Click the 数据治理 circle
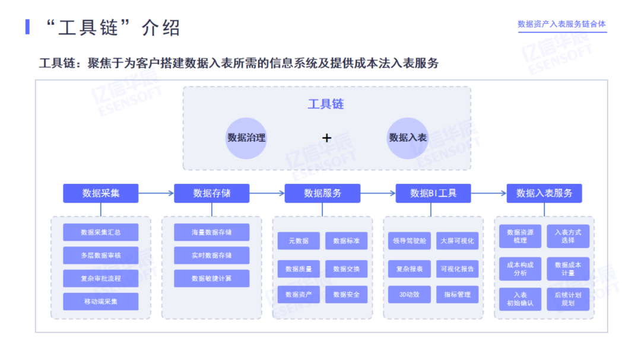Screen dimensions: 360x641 coord(246,138)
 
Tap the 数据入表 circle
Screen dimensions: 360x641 coord(408,138)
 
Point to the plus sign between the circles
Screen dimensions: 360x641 coord(326,138)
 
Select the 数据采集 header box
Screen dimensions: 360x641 coord(101,193)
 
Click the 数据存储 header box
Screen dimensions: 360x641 coord(211,193)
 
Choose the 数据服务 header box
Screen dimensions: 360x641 coord(322,193)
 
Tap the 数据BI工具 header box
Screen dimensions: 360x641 coord(433,193)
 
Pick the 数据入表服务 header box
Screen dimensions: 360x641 coord(544,193)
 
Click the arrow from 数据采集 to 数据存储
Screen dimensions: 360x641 coord(156,193)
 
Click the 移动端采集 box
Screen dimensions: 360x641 coord(101,301)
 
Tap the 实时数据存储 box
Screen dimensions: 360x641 coord(211,255)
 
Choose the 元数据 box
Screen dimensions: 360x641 coord(299,241)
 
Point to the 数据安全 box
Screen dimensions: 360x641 coord(346,294)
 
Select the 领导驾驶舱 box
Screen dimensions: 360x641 coord(410,241)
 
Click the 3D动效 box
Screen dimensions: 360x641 coord(410,294)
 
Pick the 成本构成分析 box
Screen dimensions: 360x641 coord(520,269)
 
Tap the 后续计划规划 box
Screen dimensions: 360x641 coord(568,299)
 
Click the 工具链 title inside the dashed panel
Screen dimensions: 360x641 coord(326,104)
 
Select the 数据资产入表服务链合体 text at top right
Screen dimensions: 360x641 coord(561,24)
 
